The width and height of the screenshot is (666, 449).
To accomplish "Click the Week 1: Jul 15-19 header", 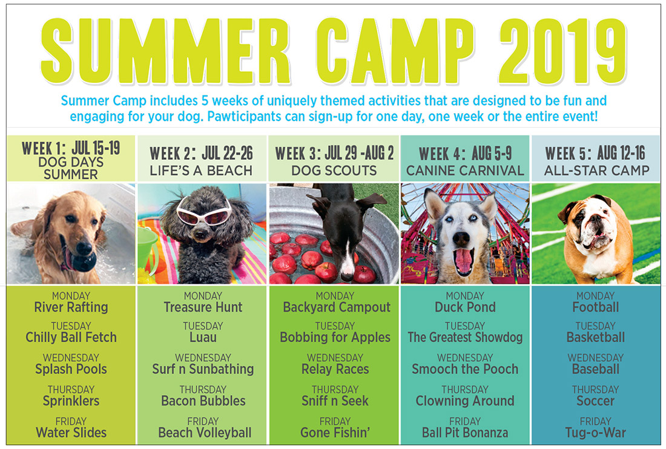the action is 71,148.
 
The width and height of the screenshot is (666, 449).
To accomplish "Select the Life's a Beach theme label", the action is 201,171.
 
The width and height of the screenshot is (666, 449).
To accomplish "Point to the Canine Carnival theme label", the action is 465,171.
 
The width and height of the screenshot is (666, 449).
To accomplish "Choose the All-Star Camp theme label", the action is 596,171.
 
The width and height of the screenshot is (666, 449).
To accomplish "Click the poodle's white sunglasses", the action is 204,212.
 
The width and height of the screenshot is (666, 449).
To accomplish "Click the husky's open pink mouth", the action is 463,260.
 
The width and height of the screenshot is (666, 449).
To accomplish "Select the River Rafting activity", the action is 71,307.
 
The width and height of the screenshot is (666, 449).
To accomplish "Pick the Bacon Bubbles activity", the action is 203,401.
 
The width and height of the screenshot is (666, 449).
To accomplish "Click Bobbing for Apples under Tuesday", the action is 335,338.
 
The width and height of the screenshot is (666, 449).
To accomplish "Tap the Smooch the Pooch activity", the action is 465,369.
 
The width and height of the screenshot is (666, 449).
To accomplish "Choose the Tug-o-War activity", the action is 596,433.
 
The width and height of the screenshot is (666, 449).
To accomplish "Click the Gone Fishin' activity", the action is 335,433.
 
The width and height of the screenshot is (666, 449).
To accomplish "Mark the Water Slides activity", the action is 71,433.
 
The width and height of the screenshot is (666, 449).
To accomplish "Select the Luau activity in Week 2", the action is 203,338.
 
